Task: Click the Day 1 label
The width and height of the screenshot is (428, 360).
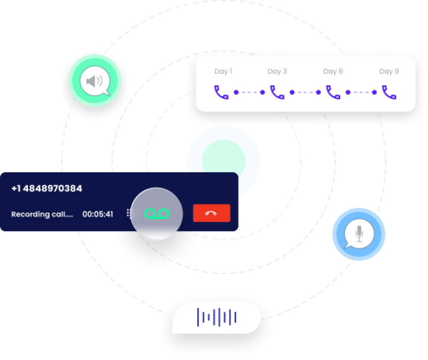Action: click(x=223, y=71)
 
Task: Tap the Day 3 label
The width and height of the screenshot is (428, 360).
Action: click(x=277, y=71)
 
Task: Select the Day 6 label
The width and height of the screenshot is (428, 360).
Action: click(x=333, y=71)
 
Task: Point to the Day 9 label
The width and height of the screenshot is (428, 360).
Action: click(x=389, y=71)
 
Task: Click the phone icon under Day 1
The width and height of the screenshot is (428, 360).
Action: click(x=222, y=92)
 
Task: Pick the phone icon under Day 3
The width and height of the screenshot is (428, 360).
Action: click(x=277, y=92)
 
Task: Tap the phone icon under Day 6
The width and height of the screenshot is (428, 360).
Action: click(x=333, y=92)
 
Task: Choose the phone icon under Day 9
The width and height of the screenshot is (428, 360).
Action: click(x=389, y=92)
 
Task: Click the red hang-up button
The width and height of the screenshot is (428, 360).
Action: click(x=211, y=213)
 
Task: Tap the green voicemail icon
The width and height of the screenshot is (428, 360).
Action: click(x=157, y=213)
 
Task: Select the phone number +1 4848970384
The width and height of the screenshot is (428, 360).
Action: click(x=47, y=189)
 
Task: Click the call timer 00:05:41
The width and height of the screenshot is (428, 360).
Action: click(x=98, y=214)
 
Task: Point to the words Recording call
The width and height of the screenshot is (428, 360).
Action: click(x=42, y=214)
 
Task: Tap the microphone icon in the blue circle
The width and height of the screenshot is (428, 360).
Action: click(x=359, y=234)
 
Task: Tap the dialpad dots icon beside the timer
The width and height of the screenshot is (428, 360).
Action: click(x=128, y=214)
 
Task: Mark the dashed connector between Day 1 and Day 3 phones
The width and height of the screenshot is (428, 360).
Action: click(x=249, y=92)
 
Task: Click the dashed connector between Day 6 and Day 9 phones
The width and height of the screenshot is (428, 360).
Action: click(x=361, y=92)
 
